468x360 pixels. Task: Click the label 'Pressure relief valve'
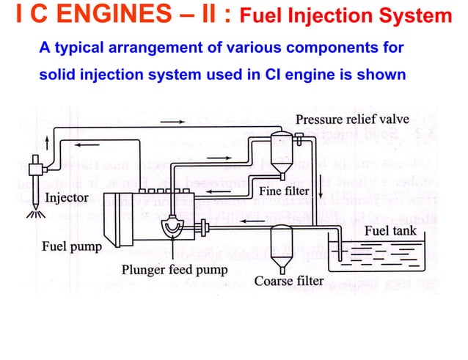pyautogui.click(x=352, y=120)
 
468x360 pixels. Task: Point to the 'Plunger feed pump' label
pyautogui.click(x=174, y=268)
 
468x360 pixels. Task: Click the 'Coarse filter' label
pyautogui.click(x=289, y=281)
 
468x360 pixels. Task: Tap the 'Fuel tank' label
pyautogui.click(x=390, y=230)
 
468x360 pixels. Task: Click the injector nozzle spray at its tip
pyautogui.click(x=33, y=214)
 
